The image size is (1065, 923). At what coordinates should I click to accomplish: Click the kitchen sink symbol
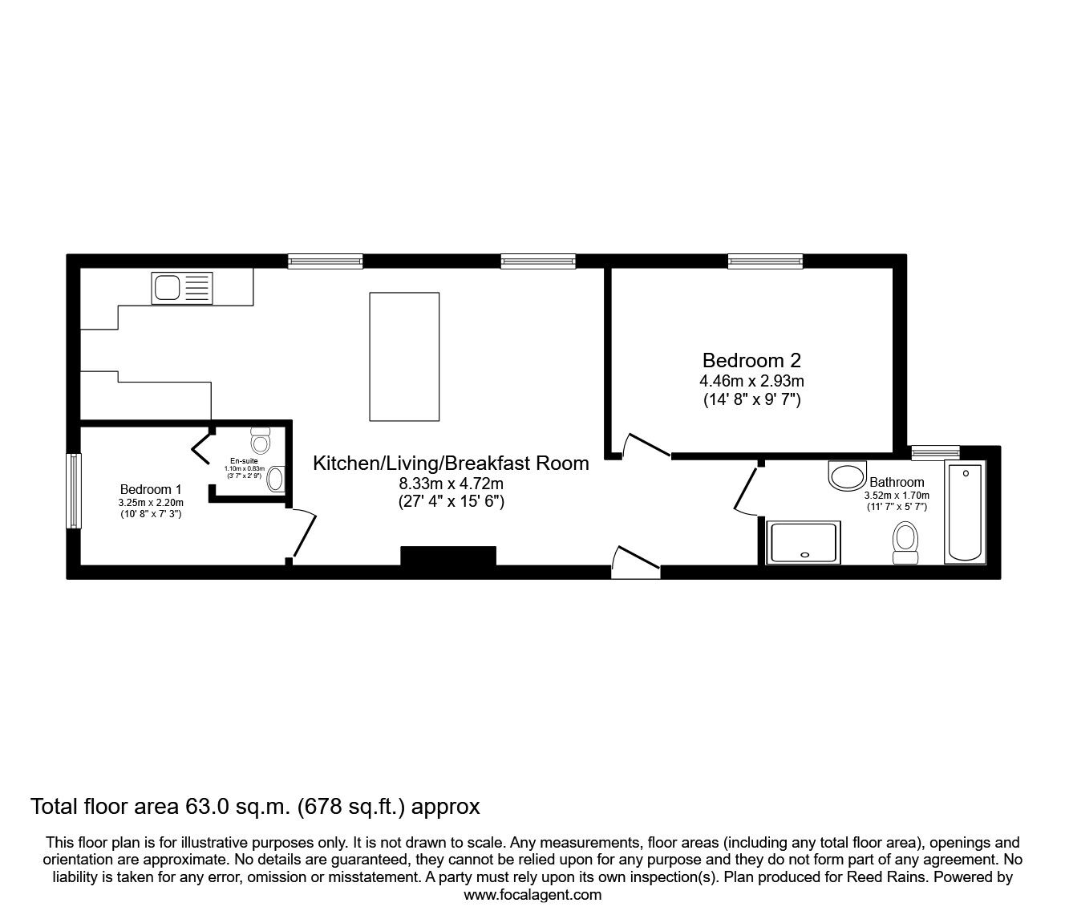click(x=182, y=288)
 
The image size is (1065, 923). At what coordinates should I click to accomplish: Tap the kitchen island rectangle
click(x=404, y=356)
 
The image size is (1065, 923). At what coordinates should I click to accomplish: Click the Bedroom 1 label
click(x=151, y=489)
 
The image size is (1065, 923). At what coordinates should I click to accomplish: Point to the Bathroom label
click(x=897, y=482)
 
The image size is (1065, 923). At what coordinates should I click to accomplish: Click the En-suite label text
click(x=244, y=461)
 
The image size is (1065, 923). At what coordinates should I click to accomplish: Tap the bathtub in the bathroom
click(x=965, y=513)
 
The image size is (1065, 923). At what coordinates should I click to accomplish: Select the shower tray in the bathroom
click(x=803, y=542)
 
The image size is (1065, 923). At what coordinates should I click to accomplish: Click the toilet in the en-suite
click(x=261, y=440)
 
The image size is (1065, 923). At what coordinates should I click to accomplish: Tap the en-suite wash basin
click(x=274, y=479)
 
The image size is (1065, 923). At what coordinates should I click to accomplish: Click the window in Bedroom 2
click(x=764, y=261)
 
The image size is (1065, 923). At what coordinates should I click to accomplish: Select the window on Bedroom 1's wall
click(x=74, y=491)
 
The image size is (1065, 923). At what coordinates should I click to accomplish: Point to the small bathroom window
click(x=936, y=452)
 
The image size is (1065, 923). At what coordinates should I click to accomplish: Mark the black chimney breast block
click(x=448, y=557)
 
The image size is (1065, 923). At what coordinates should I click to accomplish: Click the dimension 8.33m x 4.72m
click(x=451, y=484)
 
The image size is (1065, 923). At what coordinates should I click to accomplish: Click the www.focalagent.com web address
click(x=532, y=895)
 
